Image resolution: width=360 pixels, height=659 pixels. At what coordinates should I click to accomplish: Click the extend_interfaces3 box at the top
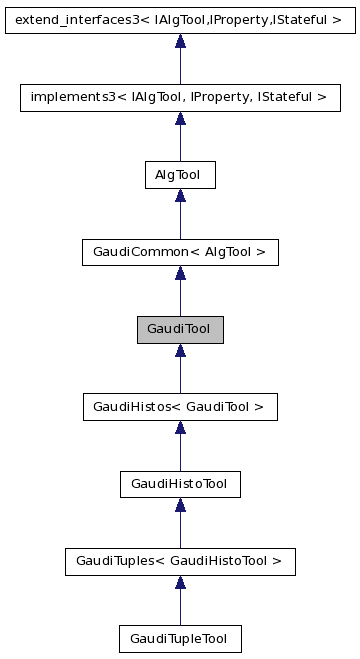tap(180, 20)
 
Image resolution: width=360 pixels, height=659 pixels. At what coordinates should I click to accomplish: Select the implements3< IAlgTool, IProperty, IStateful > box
tap(180, 97)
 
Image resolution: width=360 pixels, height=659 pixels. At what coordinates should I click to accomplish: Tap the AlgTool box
tap(180, 175)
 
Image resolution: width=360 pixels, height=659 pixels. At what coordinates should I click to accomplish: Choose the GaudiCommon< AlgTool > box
tap(180, 252)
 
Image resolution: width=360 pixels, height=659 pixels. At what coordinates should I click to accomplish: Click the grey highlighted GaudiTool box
tap(180, 329)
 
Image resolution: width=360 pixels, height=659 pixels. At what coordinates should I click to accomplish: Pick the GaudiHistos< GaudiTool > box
tap(180, 406)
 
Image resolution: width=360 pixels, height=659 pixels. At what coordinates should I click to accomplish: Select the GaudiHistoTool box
tap(180, 484)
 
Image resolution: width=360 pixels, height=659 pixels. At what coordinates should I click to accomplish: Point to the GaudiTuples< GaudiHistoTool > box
tap(180, 561)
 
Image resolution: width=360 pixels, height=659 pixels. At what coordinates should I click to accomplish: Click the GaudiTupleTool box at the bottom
tap(180, 638)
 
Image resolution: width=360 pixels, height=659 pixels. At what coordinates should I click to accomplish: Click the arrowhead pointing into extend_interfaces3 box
tap(180, 41)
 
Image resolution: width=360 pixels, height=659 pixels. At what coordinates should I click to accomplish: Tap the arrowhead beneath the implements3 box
tap(180, 118)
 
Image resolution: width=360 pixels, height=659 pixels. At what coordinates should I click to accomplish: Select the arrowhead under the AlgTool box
tap(180, 196)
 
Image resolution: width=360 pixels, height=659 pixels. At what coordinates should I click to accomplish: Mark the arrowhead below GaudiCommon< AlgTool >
tap(180, 273)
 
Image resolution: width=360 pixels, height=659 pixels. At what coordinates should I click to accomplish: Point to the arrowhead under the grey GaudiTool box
tap(180, 350)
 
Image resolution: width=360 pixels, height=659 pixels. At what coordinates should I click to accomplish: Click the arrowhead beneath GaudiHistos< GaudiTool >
tap(180, 427)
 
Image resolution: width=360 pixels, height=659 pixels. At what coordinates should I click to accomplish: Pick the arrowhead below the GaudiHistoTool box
tap(180, 505)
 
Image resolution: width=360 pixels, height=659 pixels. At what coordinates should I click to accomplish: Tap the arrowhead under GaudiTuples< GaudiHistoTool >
tap(180, 582)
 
